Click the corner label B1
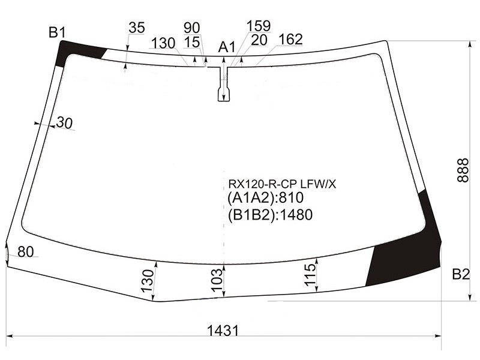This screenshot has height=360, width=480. [x=57, y=32]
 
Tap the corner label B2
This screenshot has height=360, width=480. [x=461, y=274]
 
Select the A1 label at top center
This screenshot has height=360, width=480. [x=227, y=47]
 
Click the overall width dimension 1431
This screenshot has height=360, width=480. [x=223, y=331]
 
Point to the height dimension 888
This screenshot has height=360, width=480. [x=463, y=170]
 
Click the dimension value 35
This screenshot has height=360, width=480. [x=137, y=28]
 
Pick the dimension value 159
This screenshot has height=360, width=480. [x=259, y=26]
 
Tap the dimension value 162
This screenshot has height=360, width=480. [x=290, y=39]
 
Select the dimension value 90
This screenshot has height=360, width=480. [x=192, y=28]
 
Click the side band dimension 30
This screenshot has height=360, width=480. [x=65, y=123]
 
